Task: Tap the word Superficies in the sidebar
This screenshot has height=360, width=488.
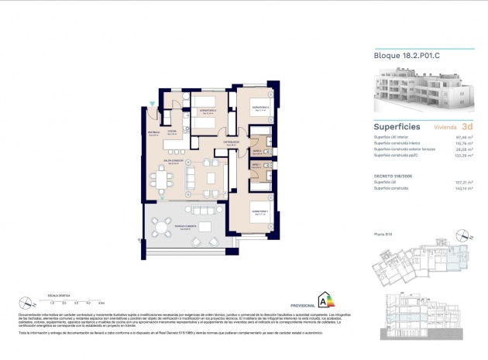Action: (397, 125)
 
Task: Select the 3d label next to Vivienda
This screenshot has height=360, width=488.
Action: (466, 125)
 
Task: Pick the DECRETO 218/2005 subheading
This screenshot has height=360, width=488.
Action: (393, 177)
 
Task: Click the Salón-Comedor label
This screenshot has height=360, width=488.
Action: (174, 162)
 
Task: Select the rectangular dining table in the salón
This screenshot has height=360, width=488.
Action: (161, 181)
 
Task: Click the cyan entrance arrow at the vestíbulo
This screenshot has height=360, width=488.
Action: (152, 104)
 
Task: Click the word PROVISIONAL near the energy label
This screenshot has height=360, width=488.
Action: (303, 306)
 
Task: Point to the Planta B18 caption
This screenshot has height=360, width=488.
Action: (383, 234)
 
